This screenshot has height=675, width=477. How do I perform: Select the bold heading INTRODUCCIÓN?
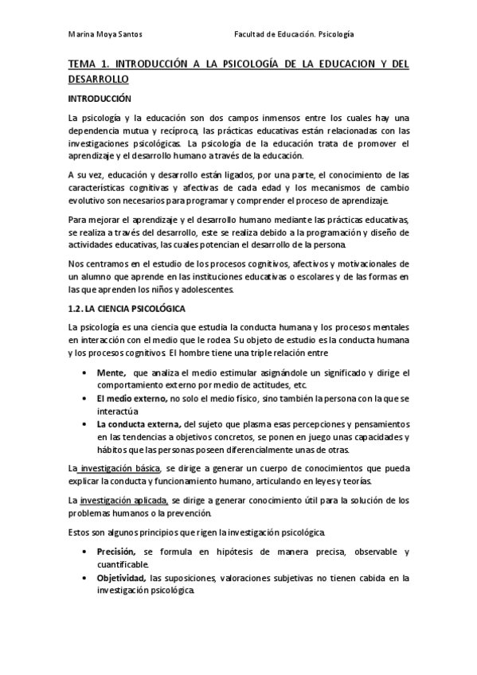click(x=99, y=99)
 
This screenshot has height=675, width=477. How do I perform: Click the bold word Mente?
click(x=111, y=373)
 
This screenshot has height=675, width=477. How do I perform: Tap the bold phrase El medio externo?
click(x=131, y=397)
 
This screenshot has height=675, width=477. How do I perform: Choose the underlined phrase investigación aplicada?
click(x=123, y=501)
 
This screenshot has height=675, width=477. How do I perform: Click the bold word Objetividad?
click(x=122, y=578)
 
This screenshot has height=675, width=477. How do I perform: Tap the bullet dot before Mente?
click(x=85, y=373)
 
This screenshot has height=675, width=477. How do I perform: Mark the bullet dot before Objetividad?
click(x=85, y=578)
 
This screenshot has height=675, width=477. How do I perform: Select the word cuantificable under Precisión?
click(x=123, y=564)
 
